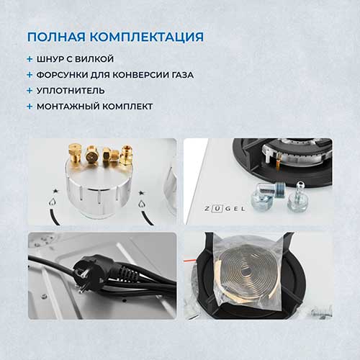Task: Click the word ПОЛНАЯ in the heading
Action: click(56, 37)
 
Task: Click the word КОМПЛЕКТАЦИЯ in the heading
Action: click(147, 37)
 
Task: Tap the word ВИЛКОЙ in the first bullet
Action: click(95, 59)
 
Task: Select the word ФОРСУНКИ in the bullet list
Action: click(62, 75)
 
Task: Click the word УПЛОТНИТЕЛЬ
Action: click(71, 91)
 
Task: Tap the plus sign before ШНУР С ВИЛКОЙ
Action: click(30, 59)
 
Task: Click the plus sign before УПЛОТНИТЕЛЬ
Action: click(30, 91)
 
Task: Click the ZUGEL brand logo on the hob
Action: click(225, 209)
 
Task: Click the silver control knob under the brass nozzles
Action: click(98, 187)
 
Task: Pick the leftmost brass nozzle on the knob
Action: click(74, 153)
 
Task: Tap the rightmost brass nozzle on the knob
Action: click(126, 156)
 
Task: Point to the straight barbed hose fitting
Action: click(297, 197)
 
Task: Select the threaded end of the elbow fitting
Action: click(279, 189)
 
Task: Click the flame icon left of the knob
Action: click(51, 202)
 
